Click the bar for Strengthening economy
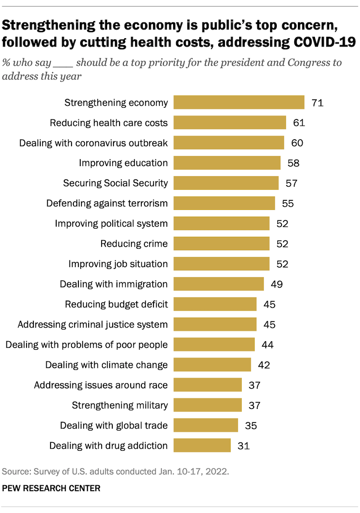[239, 103]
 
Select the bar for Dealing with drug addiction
[202, 445]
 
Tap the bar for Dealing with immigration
[219, 284]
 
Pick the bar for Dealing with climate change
[212, 365]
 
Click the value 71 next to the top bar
[317, 103]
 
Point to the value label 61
[299, 123]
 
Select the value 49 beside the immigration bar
[277, 284]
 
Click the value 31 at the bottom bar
[243, 445]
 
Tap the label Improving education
[123, 163]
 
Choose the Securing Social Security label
[115, 183]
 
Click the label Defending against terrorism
[107, 203]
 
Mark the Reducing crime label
[134, 244]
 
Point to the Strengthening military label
[120, 405]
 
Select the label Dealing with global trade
[114, 425]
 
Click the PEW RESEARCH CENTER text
[51, 488]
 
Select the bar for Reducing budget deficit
[215, 304]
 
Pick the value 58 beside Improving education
[293, 163]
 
